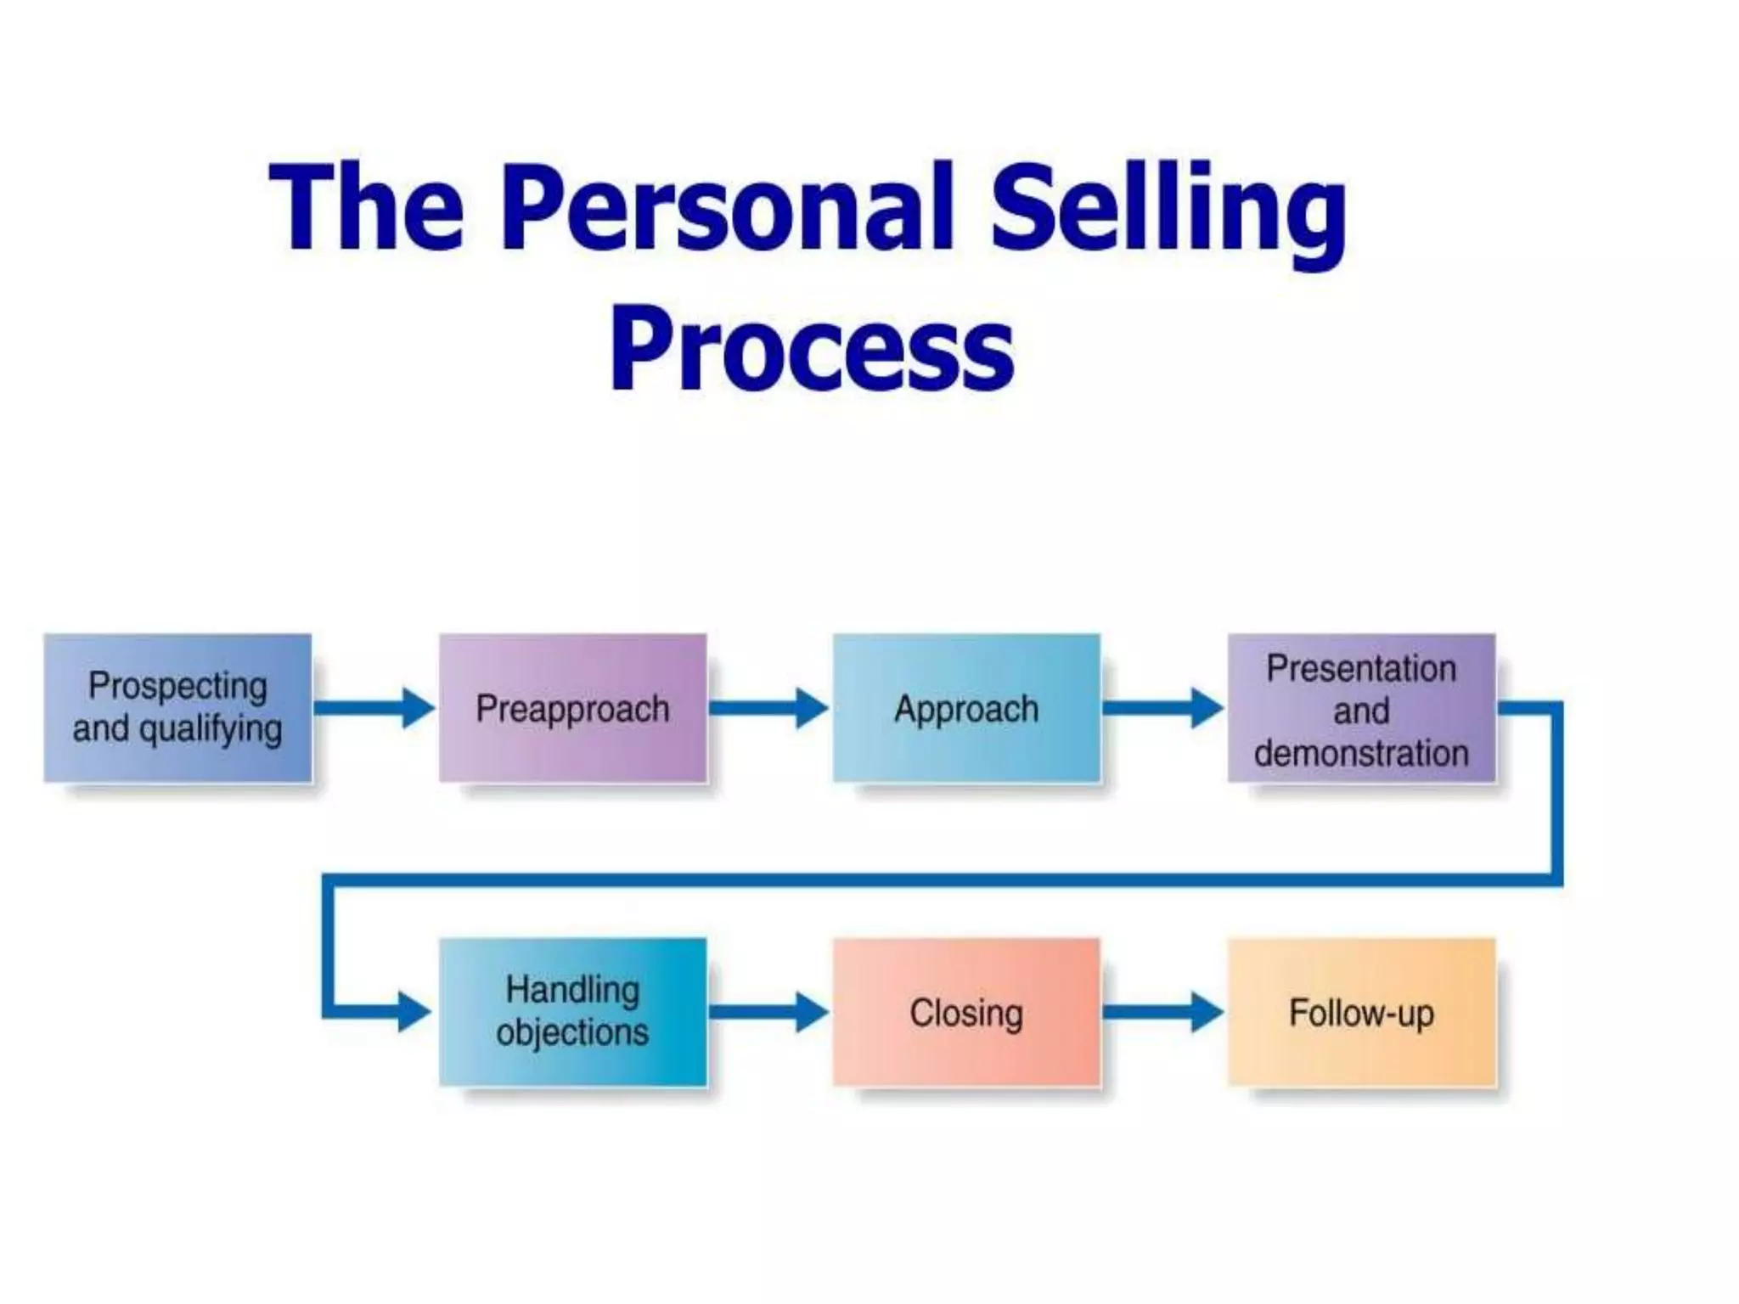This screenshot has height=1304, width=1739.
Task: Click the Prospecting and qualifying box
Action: (177, 707)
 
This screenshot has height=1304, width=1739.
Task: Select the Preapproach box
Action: (572, 707)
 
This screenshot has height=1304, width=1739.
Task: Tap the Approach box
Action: (966, 707)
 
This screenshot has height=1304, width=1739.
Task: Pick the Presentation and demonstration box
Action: (1361, 707)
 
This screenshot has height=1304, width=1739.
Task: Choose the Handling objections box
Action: (572, 1011)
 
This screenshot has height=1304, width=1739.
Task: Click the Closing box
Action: (966, 1011)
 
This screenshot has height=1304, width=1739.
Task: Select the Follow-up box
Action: (1361, 1011)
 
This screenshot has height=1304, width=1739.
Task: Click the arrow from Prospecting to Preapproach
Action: (374, 708)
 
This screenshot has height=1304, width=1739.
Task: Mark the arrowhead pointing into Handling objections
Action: (414, 1011)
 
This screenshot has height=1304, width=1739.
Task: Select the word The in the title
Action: (367, 208)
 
